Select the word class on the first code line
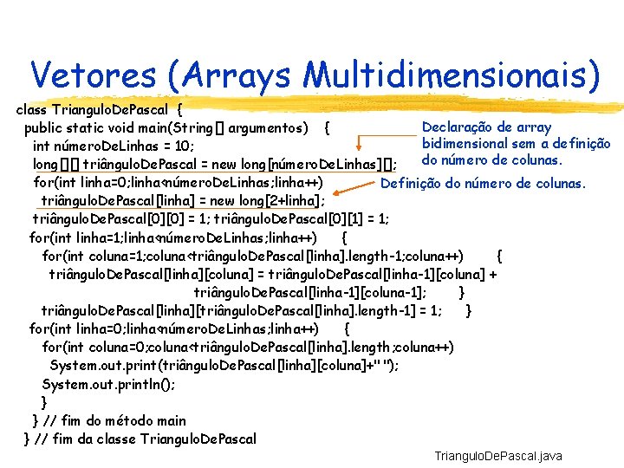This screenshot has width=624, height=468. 33,110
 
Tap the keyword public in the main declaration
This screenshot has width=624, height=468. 47,128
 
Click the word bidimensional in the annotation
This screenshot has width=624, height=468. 467,143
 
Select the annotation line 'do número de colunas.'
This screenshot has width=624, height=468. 492,159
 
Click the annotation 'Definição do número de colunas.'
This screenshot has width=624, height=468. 484,183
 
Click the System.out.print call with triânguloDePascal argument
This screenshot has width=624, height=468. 224,366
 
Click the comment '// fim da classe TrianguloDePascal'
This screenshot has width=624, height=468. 145,439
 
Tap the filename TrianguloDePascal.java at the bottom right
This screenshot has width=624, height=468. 498,456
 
